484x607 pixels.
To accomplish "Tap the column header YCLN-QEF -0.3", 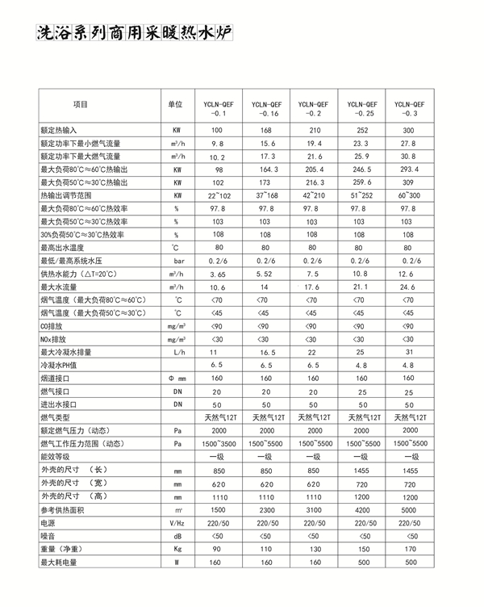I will coord(409,109).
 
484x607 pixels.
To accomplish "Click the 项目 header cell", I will coord(80,105).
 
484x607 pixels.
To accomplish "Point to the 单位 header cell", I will coord(176,105).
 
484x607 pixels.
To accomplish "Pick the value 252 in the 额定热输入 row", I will coord(361,130).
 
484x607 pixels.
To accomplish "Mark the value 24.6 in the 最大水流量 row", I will coord(408,287).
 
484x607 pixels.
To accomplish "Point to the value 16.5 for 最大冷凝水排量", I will coord(265,353).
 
